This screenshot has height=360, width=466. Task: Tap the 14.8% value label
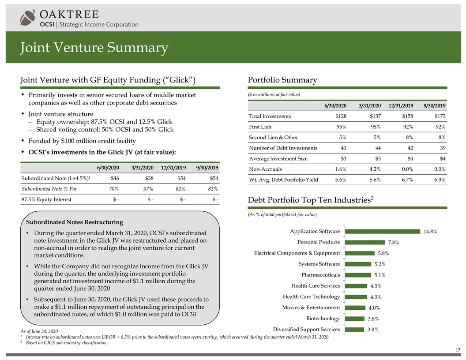click(430, 232)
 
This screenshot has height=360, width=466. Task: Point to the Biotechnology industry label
click(323, 318)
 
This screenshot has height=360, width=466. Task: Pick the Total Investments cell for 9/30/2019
click(437, 116)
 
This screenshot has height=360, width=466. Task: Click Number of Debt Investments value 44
click(376, 147)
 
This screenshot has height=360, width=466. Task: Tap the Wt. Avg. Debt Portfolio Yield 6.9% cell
click(437, 179)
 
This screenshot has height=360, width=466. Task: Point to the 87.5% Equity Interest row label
click(47, 199)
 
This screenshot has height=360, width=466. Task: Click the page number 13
click(458, 350)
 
